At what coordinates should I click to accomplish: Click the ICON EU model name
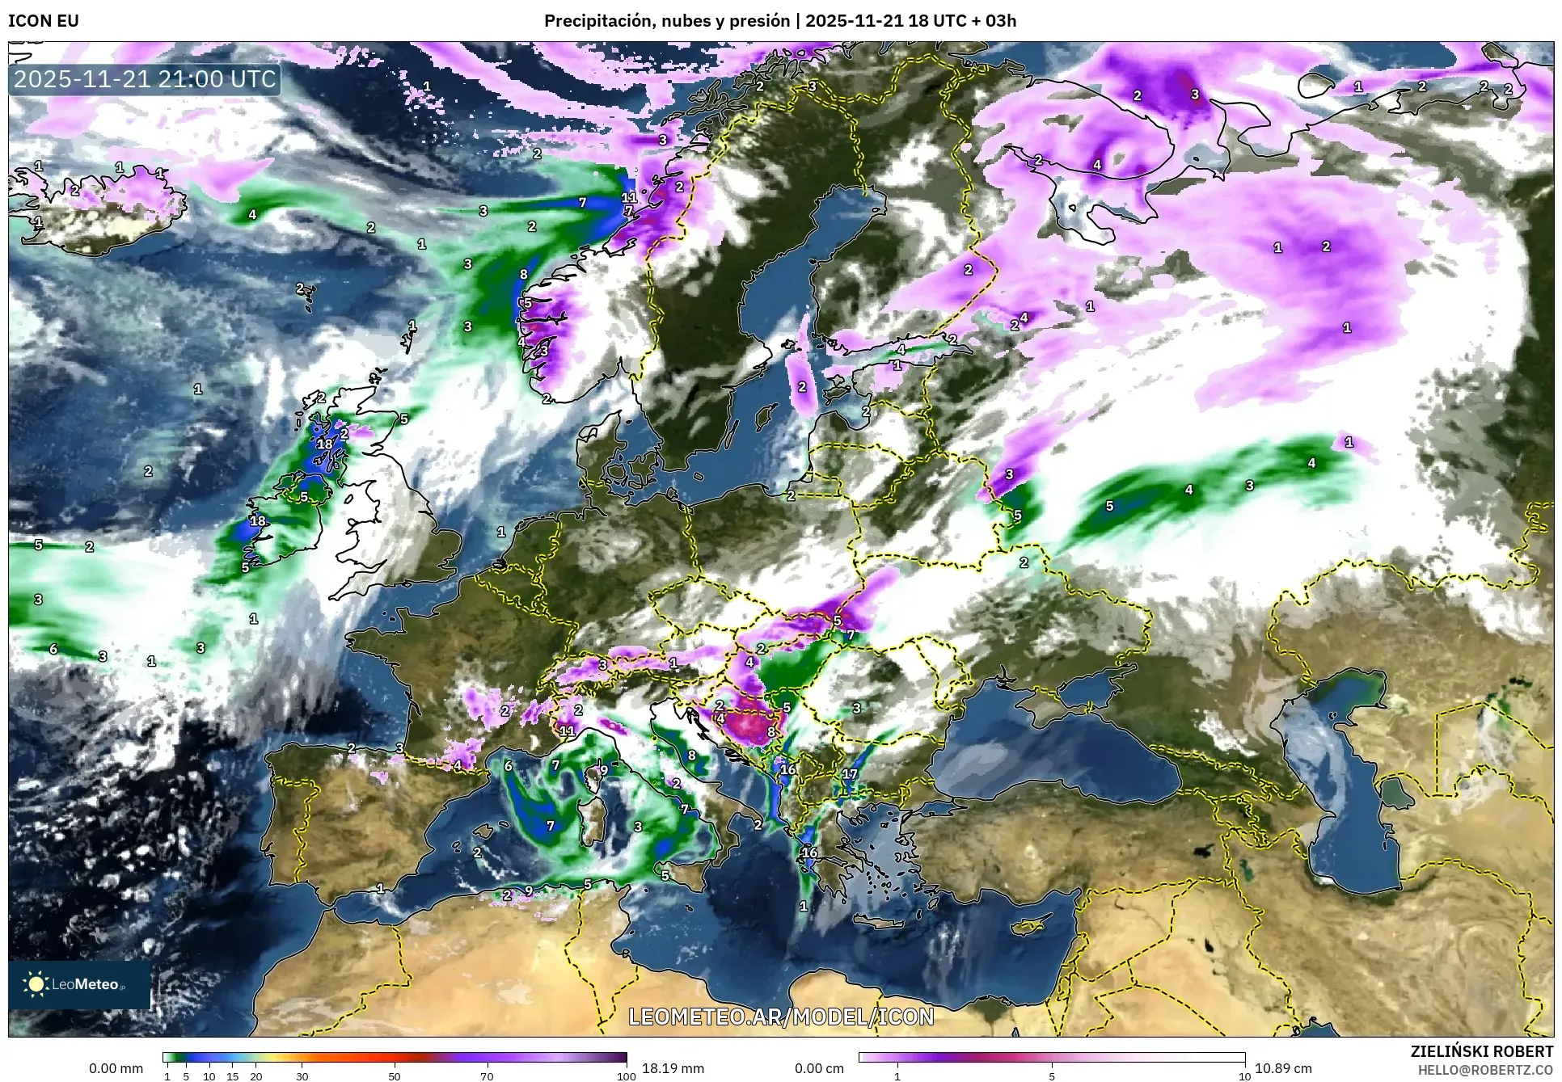click(44, 21)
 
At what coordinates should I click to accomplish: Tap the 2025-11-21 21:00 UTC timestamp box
click(146, 79)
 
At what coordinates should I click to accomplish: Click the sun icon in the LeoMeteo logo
click(36, 983)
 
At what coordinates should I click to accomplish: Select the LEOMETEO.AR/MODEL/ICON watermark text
click(781, 1017)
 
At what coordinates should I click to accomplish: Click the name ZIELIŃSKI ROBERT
click(1481, 1051)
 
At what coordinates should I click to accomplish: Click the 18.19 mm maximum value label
click(673, 1068)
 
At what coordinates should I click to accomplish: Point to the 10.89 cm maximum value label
click(1283, 1068)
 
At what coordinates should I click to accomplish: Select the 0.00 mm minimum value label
click(116, 1068)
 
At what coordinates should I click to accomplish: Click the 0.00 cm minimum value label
click(819, 1068)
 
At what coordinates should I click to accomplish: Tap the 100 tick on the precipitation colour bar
click(626, 1076)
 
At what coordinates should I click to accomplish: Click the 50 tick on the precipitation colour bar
click(395, 1076)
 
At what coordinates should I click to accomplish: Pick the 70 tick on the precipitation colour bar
click(487, 1076)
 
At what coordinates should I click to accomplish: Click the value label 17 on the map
click(849, 773)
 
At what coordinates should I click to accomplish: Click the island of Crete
click(879, 924)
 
